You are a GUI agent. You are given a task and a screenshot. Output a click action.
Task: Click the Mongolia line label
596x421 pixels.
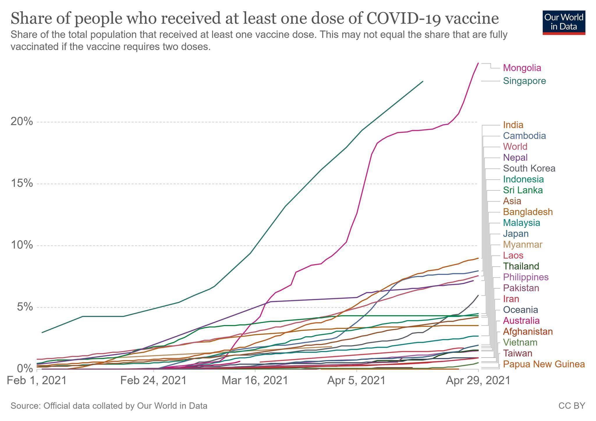point(522,68)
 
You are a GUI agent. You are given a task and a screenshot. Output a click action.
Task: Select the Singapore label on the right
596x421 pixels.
point(524,81)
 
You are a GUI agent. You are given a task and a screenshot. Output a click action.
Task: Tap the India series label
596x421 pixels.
point(513,125)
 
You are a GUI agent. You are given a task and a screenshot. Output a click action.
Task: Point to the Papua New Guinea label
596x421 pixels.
point(544,364)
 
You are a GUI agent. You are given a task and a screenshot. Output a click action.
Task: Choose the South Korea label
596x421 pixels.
point(529,168)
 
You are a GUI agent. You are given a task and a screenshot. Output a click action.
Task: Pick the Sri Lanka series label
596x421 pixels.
point(523,190)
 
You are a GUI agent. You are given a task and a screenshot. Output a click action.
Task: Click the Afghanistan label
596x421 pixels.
point(528,331)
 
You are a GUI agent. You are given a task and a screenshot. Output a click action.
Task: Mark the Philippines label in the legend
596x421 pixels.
point(526,277)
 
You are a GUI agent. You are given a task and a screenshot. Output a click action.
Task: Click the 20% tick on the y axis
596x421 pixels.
point(22,122)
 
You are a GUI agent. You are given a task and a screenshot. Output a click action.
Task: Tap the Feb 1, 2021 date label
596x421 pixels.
point(37,381)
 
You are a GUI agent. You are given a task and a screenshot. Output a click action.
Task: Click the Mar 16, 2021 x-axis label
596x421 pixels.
point(255,381)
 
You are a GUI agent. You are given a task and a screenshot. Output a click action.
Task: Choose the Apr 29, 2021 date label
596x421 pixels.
point(478,381)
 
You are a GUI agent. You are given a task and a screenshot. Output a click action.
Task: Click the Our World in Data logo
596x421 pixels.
point(564,22)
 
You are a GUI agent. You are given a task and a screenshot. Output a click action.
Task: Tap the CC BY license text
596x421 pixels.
point(572,406)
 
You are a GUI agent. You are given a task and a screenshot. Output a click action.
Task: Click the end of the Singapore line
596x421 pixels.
point(423,81)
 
